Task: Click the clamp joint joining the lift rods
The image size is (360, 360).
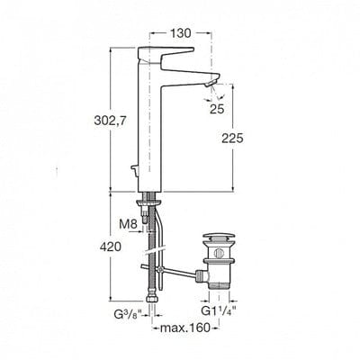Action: coord(159,269)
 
